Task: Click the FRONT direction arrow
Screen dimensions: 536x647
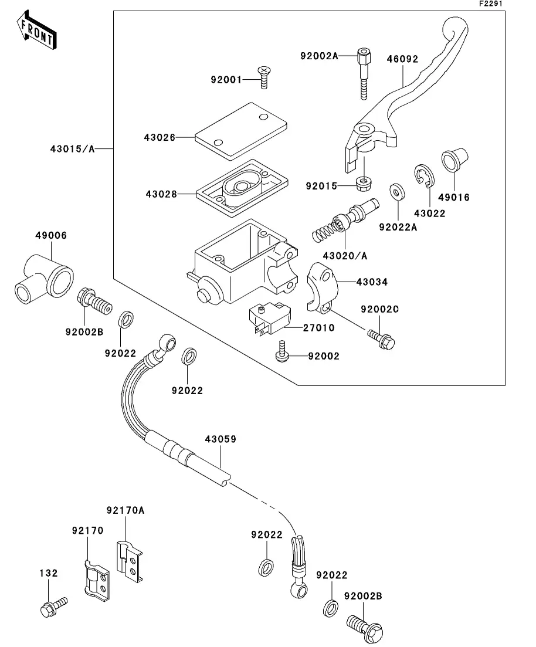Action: click(36, 30)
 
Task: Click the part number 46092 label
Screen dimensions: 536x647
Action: click(402, 59)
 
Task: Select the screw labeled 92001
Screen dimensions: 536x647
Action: click(264, 77)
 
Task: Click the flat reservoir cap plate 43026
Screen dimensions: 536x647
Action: click(241, 131)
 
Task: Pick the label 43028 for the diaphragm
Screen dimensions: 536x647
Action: click(161, 194)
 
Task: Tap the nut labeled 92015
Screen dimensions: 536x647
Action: click(362, 184)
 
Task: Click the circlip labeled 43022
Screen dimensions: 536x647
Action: click(423, 176)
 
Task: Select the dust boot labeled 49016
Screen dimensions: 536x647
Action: click(454, 160)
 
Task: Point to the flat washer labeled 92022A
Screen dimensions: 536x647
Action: click(397, 192)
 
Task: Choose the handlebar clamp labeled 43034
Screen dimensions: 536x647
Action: click(322, 287)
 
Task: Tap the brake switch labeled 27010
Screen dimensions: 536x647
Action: click(270, 319)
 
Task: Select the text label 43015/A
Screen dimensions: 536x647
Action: click(73, 148)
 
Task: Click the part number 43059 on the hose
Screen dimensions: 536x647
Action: click(220, 439)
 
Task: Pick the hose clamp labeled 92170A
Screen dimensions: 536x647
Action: click(130, 561)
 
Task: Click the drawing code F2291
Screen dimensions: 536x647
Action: click(491, 4)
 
